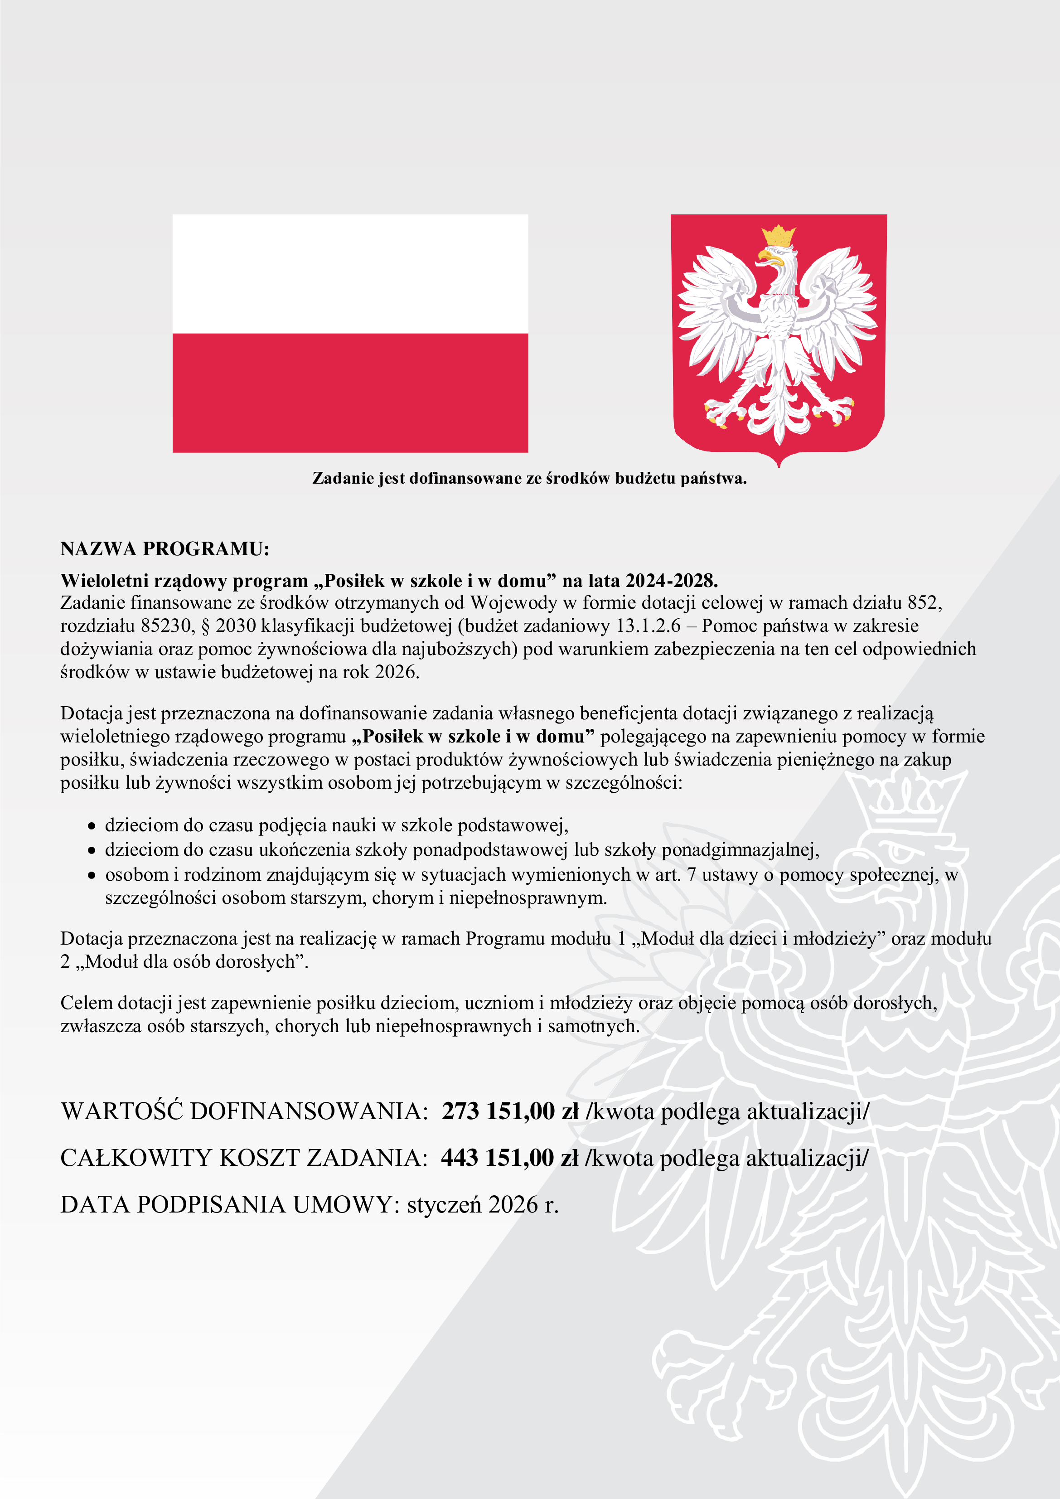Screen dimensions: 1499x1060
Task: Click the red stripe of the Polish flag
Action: (350, 393)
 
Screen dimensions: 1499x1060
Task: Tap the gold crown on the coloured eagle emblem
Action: (779, 236)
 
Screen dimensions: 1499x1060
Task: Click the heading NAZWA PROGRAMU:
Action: (165, 548)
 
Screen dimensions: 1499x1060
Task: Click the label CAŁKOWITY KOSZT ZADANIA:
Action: (243, 1158)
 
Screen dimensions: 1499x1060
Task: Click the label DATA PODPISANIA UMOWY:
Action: (230, 1204)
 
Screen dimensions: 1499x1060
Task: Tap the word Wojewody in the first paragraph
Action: (513, 602)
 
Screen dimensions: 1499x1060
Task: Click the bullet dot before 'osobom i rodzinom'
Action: (92, 875)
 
